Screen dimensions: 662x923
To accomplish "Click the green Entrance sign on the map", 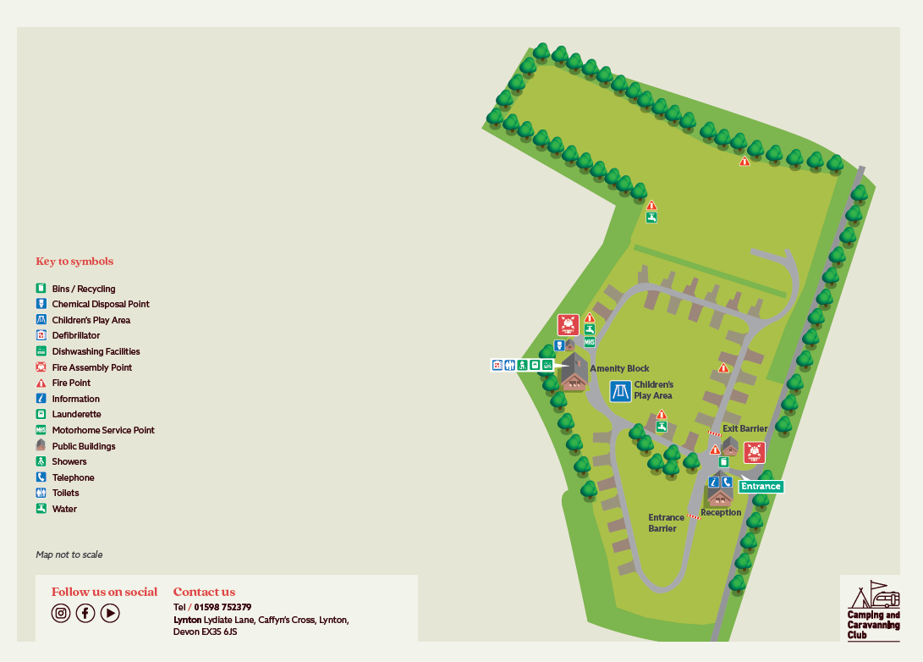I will (761, 486).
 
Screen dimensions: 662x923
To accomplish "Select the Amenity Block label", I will (619, 368).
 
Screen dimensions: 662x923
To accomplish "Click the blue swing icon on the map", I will (620, 391).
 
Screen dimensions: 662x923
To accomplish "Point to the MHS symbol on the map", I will (589, 342).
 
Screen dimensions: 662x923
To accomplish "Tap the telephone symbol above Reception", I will (727, 482).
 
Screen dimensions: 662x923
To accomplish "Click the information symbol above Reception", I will (713, 482).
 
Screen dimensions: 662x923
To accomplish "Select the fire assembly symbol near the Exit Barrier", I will (754, 452).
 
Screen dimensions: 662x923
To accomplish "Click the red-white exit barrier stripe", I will (715, 433).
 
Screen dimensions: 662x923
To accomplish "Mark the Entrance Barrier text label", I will (666, 522).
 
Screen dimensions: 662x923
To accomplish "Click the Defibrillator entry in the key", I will (75, 335).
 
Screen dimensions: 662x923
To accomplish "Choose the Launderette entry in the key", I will (76, 414).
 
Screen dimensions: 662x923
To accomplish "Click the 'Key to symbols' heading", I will (74, 261).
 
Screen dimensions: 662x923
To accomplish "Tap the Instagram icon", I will (61, 613).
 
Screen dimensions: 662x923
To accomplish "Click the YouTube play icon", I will (110, 613).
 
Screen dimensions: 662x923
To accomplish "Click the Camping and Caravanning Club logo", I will (872, 610).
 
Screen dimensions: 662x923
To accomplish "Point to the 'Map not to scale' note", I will (69, 554).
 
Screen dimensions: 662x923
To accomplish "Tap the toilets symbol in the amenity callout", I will (510, 365).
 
